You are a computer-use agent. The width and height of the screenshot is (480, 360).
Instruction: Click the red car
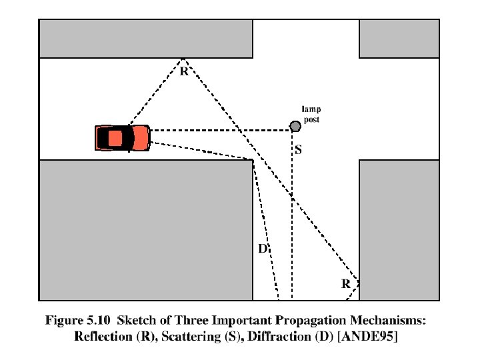122,138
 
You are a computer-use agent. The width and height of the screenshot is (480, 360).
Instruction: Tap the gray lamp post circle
295,126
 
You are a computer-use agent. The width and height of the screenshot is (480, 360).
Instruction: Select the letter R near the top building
183,71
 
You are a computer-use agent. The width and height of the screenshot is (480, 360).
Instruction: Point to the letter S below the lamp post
298,151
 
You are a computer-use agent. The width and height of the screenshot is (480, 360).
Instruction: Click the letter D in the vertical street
263,249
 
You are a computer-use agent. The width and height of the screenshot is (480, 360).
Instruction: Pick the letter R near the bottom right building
346,284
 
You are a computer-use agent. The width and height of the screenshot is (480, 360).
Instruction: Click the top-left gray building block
145,39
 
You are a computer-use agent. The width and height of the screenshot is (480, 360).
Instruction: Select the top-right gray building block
399,39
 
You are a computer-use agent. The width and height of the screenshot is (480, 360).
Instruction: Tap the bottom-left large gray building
145,230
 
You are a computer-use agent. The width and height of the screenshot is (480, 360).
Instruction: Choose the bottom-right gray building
399,230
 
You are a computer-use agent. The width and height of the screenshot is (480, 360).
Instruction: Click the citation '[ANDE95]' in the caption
368,337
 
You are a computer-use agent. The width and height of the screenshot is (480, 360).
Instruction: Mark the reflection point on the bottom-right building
359,281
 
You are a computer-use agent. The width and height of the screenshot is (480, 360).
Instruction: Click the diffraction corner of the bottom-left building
253,160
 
